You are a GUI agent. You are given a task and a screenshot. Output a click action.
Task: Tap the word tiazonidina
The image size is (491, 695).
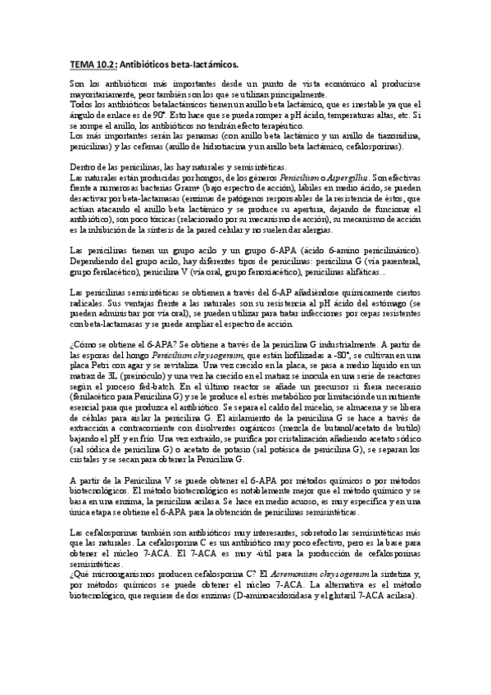[x=397, y=136]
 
